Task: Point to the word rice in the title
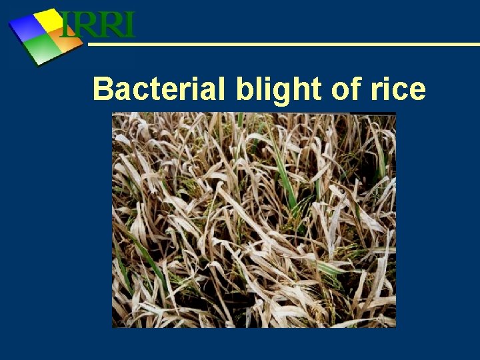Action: [399, 89]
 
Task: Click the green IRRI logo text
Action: [98, 25]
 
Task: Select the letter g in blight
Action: [271, 91]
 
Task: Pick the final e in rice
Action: [417, 91]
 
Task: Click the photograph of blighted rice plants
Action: [253, 220]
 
